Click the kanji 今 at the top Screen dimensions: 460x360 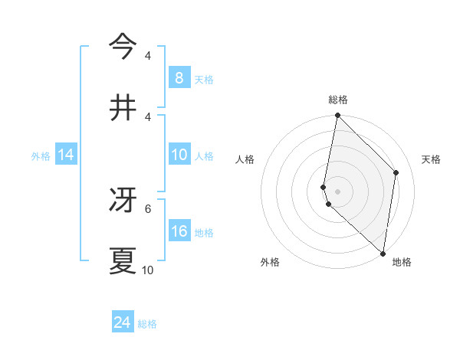(123, 47)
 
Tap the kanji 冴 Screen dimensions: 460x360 (123, 199)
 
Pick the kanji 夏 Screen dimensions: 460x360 (123, 260)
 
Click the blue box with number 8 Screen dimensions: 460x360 (179, 77)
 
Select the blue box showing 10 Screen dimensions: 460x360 (179, 155)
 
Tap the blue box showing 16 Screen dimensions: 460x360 (179, 231)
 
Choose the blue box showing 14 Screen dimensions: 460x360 (66, 155)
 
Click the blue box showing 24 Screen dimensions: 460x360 (122, 322)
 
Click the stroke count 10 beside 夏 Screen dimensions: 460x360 (148, 270)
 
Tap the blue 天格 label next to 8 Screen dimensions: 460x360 (204, 79)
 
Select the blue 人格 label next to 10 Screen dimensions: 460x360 (204, 156)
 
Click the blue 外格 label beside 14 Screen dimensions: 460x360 (41, 156)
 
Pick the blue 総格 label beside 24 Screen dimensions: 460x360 (147, 324)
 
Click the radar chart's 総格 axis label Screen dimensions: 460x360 (338, 100)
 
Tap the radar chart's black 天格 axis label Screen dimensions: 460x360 (432, 159)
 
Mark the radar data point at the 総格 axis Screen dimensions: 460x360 (337, 116)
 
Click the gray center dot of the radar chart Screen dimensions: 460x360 (337, 191)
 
